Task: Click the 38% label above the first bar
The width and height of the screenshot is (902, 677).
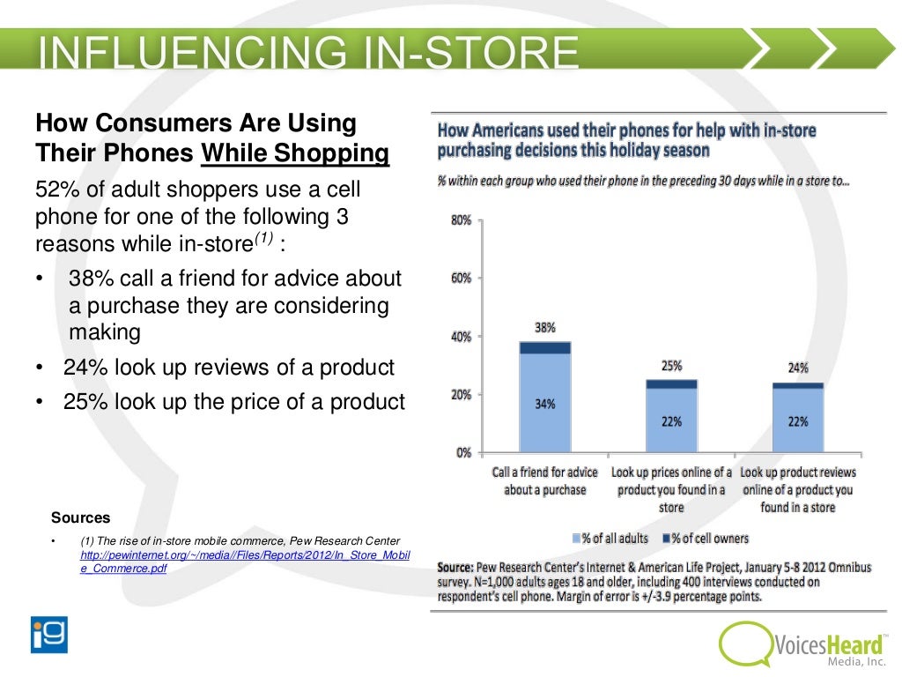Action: pyautogui.click(x=544, y=328)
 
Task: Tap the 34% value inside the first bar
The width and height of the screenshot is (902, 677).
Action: pyautogui.click(x=544, y=405)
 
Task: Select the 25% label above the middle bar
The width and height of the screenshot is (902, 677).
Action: pyautogui.click(x=671, y=366)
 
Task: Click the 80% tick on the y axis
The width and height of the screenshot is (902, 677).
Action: pyautogui.click(x=462, y=219)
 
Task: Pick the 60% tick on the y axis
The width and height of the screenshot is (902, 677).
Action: pyautogui.click(x=462, y=279)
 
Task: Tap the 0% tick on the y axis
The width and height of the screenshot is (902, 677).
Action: pyautogui.click(x=464, y=453)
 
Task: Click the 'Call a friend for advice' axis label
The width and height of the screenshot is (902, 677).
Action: pyautogui.click(x=544, y=481)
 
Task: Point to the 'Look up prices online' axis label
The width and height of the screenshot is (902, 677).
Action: pyautogui.click(x=671, y=490)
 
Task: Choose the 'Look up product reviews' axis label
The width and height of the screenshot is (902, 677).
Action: pyautogui.click(x=798, y=490)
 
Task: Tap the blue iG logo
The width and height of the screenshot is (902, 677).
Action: pyautogui.click(x=49, y=634)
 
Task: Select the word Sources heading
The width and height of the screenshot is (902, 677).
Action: pyautogui.click(x=81, y=517)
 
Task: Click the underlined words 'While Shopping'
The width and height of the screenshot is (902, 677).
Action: pyautogui.click(x=294, y=153)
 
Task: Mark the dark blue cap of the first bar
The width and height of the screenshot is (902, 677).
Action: pyautogui.click(x=544, y=347)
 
